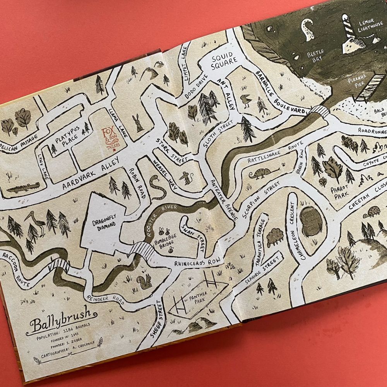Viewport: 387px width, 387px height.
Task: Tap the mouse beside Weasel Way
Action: [x=187, y=178]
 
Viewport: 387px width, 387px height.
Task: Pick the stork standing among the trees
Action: [x=34, y=224]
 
